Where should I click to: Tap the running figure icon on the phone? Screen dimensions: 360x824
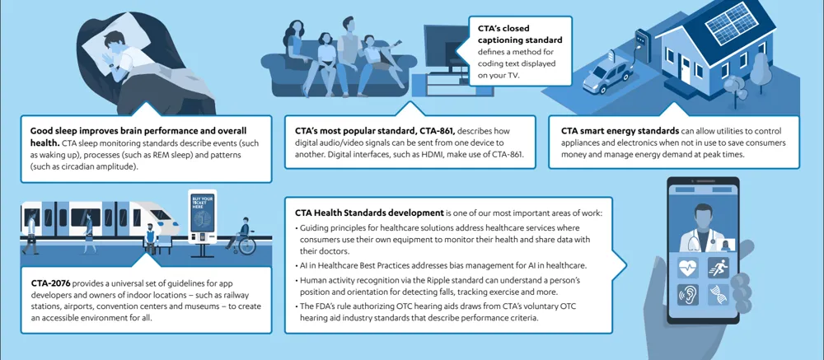pos(716,268)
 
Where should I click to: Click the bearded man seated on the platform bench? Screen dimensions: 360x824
pos(150,234)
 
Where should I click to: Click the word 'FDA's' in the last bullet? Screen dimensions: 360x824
pos(328,306)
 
